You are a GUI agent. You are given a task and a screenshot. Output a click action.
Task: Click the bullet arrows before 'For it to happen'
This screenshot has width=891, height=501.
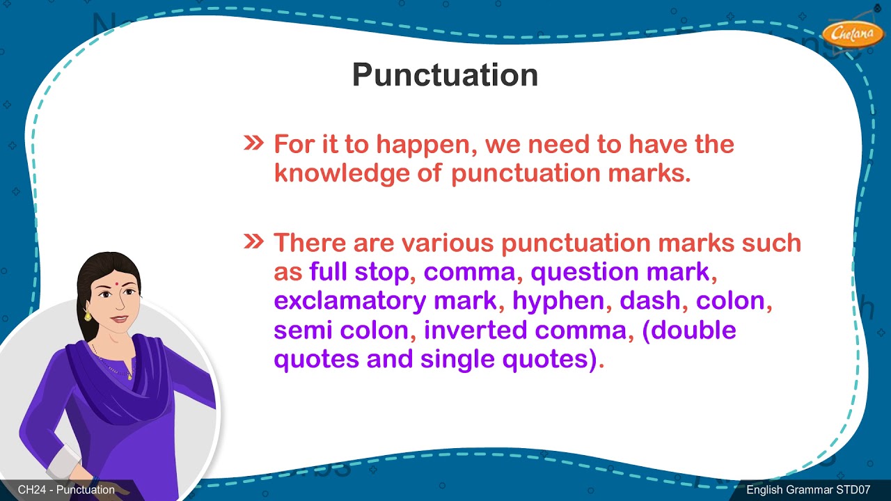253,143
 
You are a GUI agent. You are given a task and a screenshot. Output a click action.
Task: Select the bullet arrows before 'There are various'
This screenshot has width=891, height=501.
253,241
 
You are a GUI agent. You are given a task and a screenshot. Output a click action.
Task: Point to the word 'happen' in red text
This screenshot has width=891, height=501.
425,145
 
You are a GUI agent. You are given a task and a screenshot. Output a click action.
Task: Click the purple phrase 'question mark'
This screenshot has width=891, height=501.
620,272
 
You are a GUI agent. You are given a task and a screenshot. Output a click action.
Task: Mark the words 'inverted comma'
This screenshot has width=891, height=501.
526,330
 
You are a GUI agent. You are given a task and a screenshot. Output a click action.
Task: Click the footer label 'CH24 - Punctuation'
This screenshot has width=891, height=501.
66,490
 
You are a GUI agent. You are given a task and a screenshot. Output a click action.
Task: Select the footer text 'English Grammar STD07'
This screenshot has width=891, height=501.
808,490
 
